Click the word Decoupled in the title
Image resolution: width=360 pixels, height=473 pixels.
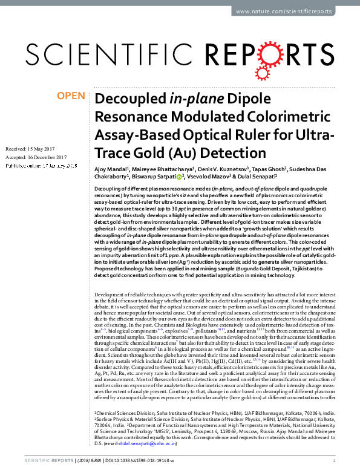[x=125, y=100]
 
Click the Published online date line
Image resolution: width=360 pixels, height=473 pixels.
[x=41, y=165]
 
